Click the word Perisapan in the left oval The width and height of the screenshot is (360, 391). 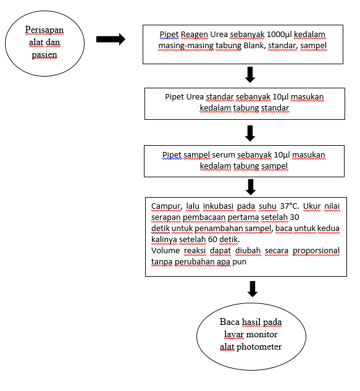(44, 30)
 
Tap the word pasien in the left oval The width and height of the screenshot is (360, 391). (44, 55)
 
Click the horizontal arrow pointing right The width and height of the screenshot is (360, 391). (111, 39)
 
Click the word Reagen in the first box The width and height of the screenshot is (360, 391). (195, 35)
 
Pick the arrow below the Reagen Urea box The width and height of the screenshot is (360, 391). (250, 75)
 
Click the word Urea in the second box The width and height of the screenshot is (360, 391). (195, 97)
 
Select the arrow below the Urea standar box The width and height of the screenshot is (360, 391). (250, 133)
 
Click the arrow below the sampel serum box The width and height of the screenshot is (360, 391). (251, 187)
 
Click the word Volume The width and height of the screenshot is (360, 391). (165, 250)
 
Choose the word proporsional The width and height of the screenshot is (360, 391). (316, 251)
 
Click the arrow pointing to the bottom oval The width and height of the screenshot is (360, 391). (253, 289)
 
